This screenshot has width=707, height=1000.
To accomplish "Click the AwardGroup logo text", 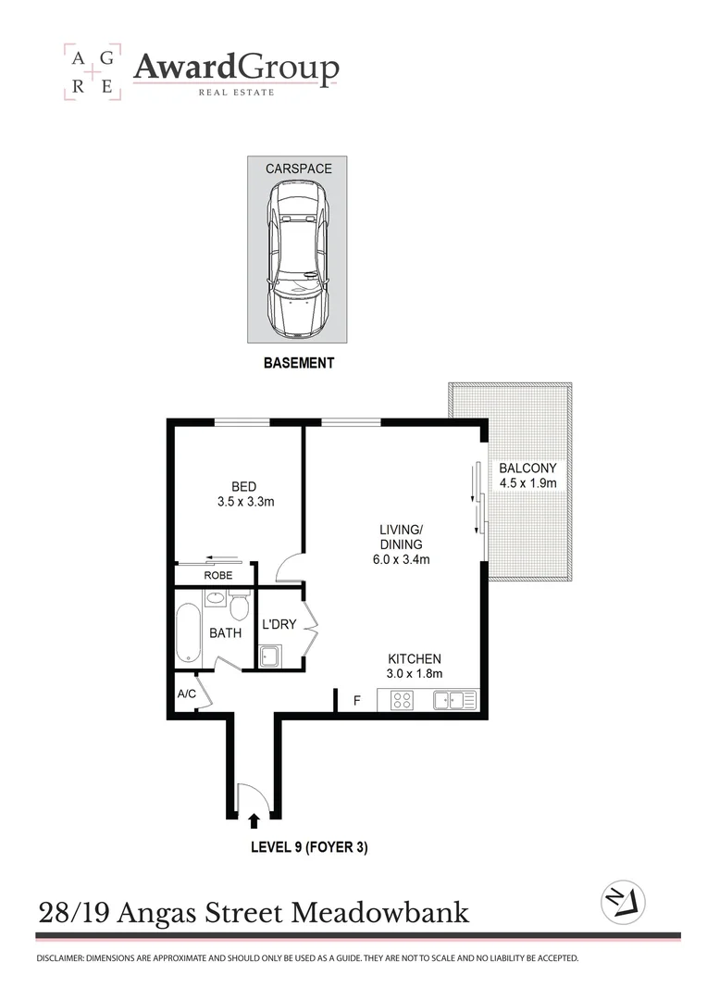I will pyautogui.click(x=236, y=68).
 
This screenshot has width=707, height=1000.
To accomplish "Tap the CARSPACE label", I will pyautogui.click(x=298, y=169).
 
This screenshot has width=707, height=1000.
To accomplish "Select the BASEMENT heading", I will pyautogui.click(x=298, y=364).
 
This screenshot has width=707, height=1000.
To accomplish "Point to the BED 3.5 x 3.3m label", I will pyautogui.click(x=243, y=494).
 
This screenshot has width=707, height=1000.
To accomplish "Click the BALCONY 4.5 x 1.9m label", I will pyautogui.click(x=527, y=475).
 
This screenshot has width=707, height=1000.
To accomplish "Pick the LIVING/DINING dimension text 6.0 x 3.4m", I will pyautogui.click(x=401, y=559).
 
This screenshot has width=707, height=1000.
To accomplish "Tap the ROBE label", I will pyautogui.click(x=219, y=575).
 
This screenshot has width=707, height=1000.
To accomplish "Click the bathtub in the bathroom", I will pyautogui.click(x=189, y=633).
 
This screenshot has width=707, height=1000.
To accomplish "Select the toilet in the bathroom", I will pyautogui.click(x=239, y=607).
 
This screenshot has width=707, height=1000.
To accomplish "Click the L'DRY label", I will pyautogui.click(x=279, y=624).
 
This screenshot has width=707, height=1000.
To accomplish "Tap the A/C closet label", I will pyautogui.click(x=186, y=693).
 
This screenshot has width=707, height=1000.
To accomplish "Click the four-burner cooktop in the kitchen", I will pyautogui.click(x=403, y=701).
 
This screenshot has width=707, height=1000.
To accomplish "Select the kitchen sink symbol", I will pyautogui.click(x=454, y=701).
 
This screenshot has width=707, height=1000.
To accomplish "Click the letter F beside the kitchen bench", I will pyautogui.click(x=357, y=701).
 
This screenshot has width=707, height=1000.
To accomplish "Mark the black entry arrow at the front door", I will pyautogui.click(x=254, y=819).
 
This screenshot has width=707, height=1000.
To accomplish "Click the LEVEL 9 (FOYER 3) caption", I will pyautogui.click(x=310, y=847).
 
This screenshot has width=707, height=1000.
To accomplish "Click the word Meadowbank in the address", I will pyautogui.click(x=380, y=914).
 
